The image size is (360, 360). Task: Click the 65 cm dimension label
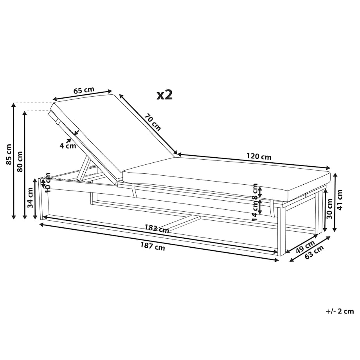click(x=84, y=90)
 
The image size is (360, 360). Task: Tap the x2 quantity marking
click(x=164, y=95)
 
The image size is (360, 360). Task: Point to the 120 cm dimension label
click(x=259, y=157)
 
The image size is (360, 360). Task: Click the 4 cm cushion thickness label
click(x=68, y=146)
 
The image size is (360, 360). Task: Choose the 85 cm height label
click(x=9, y=154)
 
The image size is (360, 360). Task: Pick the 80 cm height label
click(x=20, y=162)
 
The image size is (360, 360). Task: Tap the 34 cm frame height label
click(x=30, y=198)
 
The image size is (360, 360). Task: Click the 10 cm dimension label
click(x=48, y=183)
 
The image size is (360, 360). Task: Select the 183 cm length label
click(x=157, y=229)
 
